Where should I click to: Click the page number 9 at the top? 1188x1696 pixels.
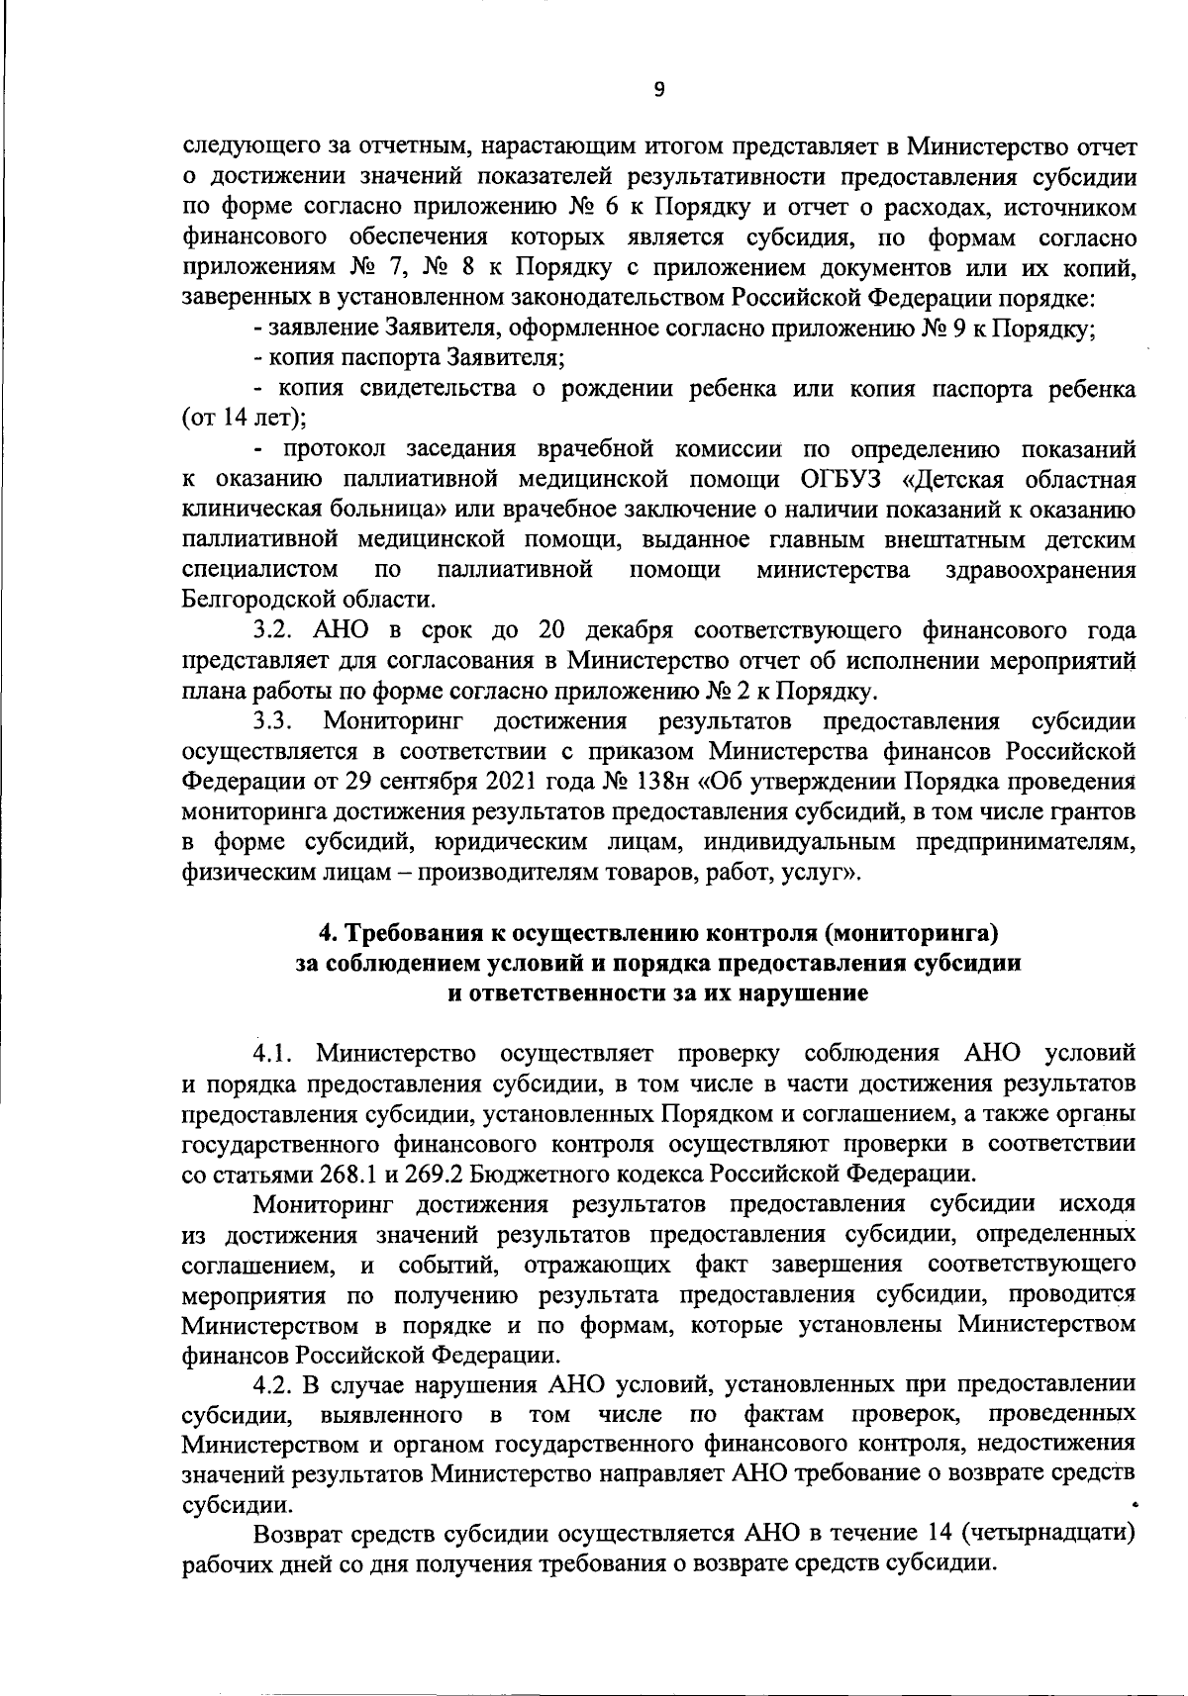pyautogui.click(x=660, y=90)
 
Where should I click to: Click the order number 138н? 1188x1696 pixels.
pyautogui.click(x=662, y=781)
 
